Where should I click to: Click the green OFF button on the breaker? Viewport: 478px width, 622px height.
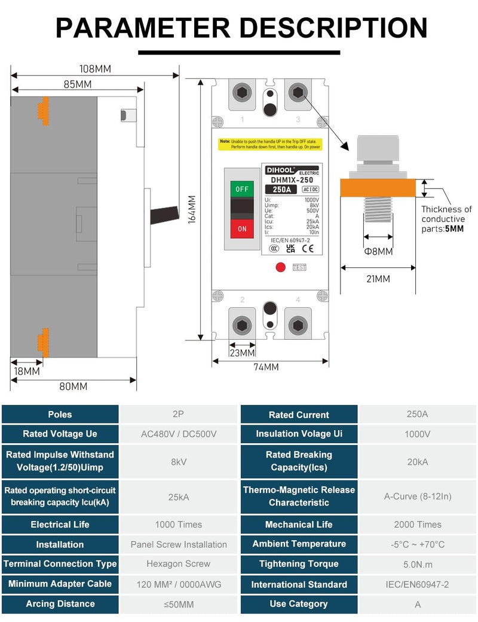point(241,189)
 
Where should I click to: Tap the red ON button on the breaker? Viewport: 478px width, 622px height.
point(241,228)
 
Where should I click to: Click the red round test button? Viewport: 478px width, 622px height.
point(280,267)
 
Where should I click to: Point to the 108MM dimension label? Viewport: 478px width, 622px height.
point(95,69)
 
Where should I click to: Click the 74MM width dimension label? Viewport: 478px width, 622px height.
point(266,367)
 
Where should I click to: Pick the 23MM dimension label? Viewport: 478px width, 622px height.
point(242,353)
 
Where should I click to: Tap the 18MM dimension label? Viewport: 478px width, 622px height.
point(26,371)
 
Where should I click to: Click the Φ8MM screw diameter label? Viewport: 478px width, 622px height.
point(378,252)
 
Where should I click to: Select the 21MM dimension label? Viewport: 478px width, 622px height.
point(378,279)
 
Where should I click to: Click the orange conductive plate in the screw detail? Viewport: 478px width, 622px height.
point(378,188)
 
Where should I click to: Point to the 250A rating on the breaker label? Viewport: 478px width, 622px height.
point(277,190)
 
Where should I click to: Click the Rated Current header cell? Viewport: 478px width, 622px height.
point(299,414)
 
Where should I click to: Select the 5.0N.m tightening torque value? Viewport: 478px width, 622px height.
point(417,564)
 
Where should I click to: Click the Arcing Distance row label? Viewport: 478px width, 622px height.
point(60,604)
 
